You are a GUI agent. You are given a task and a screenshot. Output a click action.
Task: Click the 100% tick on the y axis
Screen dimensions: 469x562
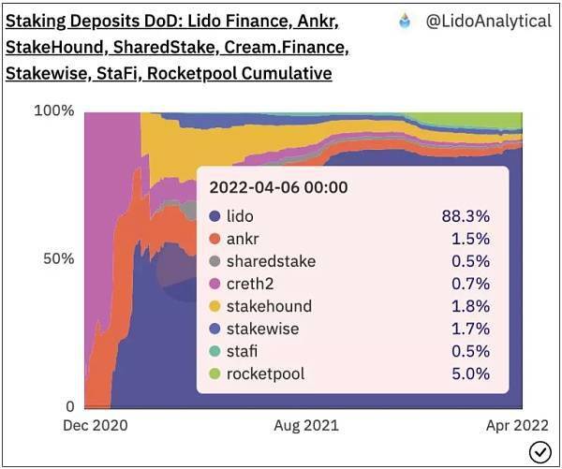pos(53,111)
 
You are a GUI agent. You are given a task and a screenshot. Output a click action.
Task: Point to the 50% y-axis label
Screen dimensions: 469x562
pos(58,258)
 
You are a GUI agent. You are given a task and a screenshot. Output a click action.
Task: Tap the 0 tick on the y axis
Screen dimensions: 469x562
pos(68,406)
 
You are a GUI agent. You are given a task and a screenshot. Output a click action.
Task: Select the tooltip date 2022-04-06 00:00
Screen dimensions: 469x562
pos(278,187)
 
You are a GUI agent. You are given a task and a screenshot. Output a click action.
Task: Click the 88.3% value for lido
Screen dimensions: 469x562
pos(466,216)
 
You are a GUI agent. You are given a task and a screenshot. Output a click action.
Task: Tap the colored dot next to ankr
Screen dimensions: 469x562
pos(214,239)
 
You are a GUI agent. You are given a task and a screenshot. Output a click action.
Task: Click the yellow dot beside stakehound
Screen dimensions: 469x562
pos(214,306)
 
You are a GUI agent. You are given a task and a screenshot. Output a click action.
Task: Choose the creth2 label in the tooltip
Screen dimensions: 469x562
pos(253,284)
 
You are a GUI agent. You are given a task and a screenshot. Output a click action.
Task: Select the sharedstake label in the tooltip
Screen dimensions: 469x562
pos(271,261)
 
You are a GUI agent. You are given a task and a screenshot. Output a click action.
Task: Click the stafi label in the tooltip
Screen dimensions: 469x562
pos(243,351)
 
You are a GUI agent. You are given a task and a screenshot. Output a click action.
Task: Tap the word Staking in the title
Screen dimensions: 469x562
pos(37,20)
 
